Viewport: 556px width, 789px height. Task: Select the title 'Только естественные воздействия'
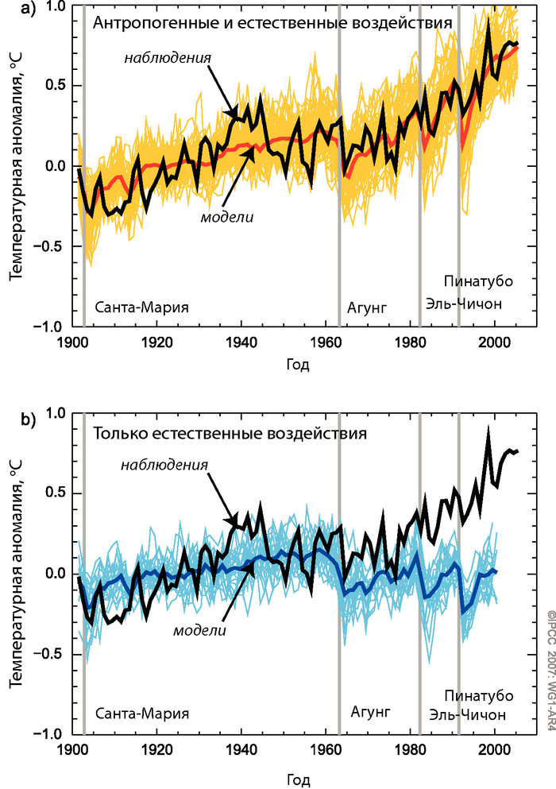click(230, 434)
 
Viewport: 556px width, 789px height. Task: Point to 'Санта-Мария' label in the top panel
click(142, 307)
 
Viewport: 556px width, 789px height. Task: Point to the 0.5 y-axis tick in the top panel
click(53, 86)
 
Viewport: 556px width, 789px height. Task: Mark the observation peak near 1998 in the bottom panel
click(488, 429)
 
